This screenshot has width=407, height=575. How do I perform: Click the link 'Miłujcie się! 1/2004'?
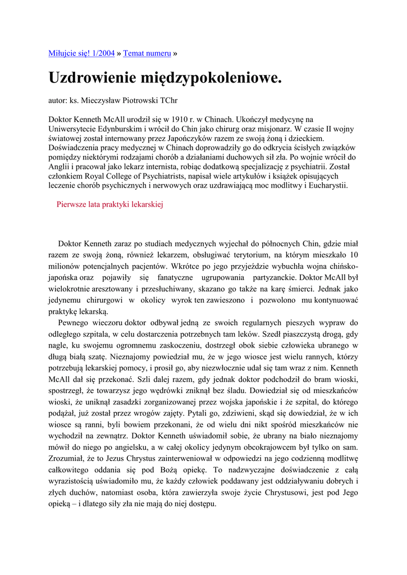(x=82, y=53)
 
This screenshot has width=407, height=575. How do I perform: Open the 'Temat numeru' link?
(x=147, y=53)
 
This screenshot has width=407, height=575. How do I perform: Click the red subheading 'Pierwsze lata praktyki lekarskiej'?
(x=109, y=205)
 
